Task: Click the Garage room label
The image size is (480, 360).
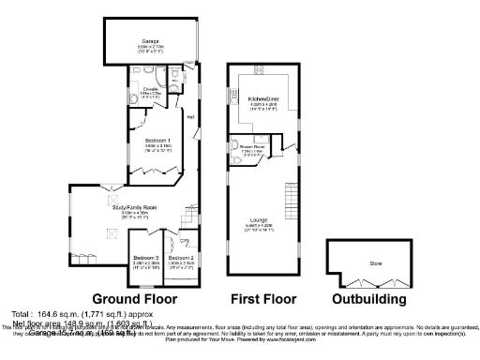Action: [x=150, y=41]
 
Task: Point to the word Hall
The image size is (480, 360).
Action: [x=190, y=117]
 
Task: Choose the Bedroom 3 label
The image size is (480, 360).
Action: [x=145, y=257]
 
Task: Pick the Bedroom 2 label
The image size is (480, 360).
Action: [x=181, y=257]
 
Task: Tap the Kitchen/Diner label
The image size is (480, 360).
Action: [x=263, y=98]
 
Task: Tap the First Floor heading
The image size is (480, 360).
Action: [x=262, y=298]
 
